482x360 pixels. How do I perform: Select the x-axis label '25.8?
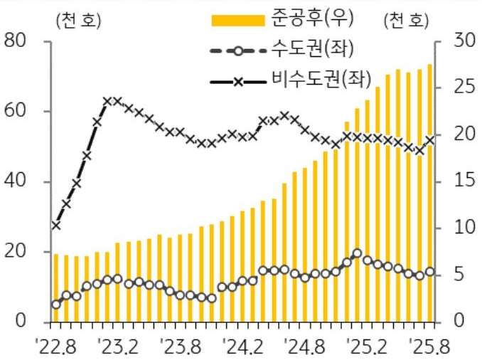point(427,347)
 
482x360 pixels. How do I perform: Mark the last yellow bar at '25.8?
point(429,193)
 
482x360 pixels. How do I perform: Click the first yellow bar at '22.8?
point(55,287)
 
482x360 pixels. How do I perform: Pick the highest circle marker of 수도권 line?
point(357,253)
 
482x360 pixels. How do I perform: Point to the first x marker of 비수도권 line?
point(55,226)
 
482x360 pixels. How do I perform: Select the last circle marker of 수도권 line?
point(429,272)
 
